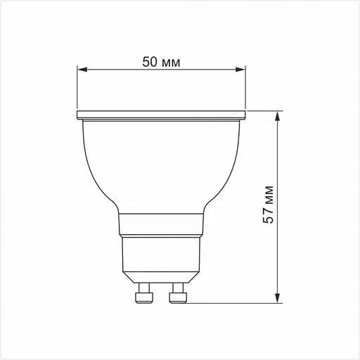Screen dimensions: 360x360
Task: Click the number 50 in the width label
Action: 149,62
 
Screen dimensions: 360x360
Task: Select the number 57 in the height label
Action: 269,216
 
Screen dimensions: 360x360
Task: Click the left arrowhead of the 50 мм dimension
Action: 81,70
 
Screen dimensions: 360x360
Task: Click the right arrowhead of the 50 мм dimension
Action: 243,70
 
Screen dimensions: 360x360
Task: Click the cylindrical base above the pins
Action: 162,253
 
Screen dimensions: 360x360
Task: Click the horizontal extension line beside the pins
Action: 232,304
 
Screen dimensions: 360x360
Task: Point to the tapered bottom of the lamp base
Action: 162,276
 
